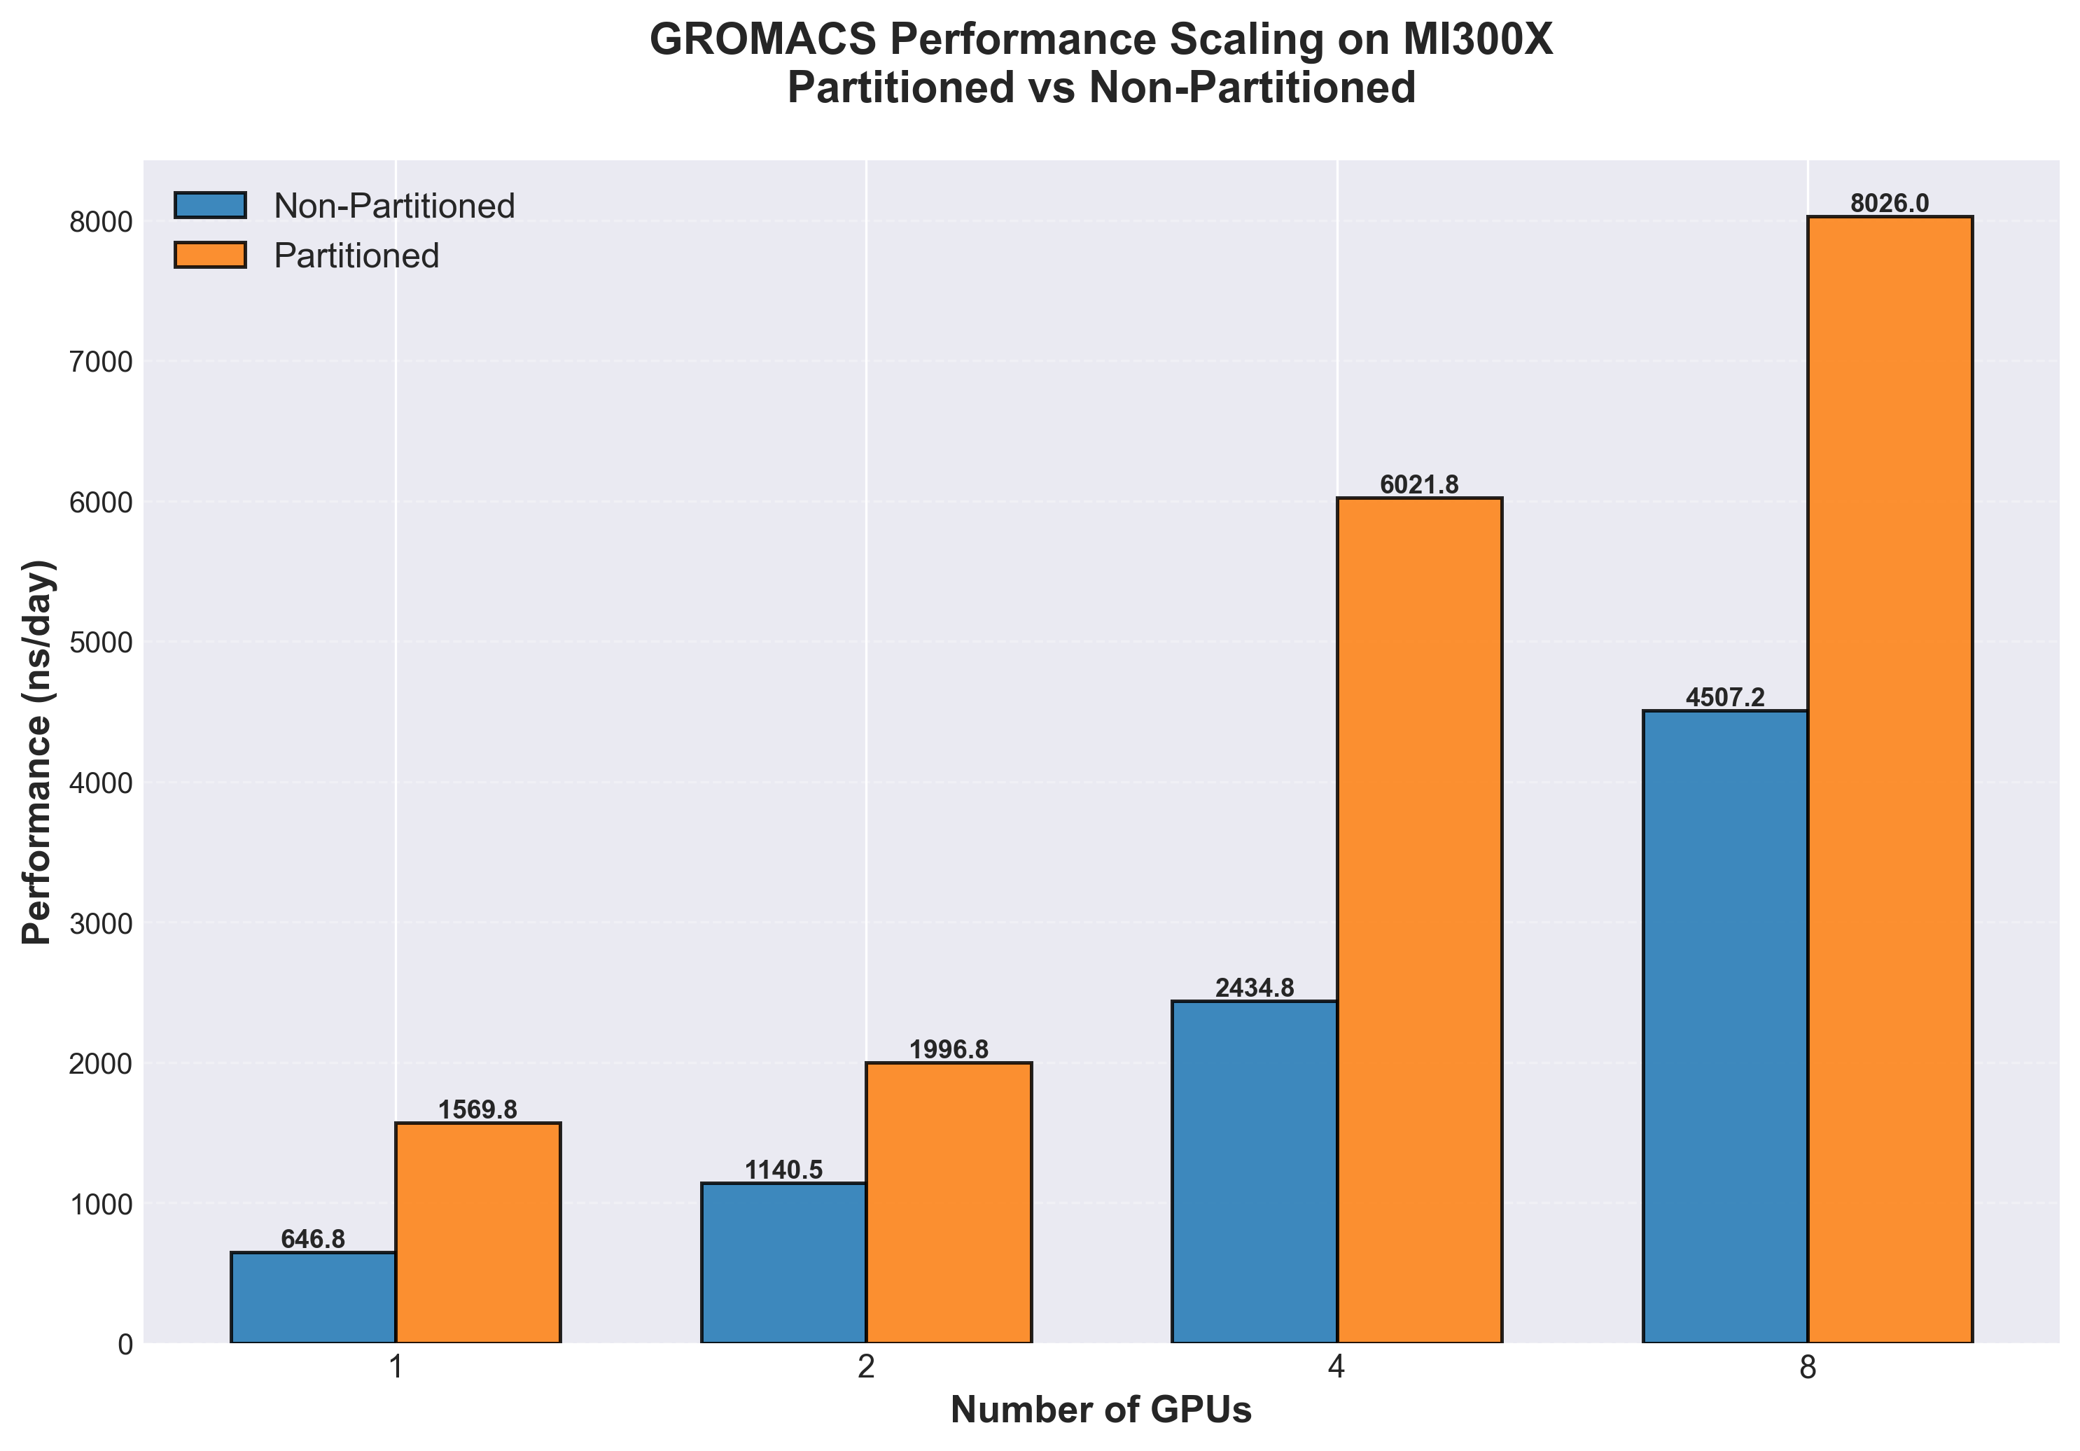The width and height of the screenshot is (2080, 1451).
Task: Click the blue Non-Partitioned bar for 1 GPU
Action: pos(314,1297)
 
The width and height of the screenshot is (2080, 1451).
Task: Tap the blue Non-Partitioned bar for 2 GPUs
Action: pos(783,1263)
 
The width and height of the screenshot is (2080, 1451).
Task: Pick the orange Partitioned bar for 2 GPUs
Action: pos(949,1202)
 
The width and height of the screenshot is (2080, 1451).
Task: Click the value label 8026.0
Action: pos(1890,204)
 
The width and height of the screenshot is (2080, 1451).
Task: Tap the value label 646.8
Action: pos(314,1239)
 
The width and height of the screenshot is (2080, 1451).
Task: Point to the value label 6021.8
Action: pos(1420,484)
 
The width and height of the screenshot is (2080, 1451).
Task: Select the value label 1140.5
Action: pos(783,1170)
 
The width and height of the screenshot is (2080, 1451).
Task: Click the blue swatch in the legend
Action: pos(210,206)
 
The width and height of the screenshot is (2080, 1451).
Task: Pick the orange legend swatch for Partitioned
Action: pos(210,255)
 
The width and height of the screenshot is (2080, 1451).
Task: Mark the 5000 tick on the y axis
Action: pos(101,642)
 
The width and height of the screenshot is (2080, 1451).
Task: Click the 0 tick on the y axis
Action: pos(124,1344)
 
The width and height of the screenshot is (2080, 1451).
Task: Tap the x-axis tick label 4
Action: pos(1337,1368)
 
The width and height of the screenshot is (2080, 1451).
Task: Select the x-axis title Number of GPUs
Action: pos(1101,1410)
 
